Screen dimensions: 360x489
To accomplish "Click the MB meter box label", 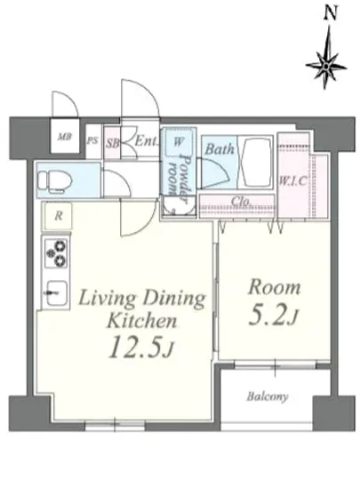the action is pos(65,136).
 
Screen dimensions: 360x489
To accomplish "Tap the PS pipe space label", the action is pos(92,140).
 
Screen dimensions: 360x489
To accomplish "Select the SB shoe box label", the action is pos(112,143).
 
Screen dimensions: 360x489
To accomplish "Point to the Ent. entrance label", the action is pos(146,141).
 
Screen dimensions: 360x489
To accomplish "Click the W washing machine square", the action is pos(178,142).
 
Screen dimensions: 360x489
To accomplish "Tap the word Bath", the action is pos(220,149).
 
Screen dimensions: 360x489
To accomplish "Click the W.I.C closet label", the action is pos(292,181).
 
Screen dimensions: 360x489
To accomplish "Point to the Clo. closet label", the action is pos(241,202).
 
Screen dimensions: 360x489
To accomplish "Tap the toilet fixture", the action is pos(54,180).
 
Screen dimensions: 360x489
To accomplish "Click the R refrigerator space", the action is pos(58,216).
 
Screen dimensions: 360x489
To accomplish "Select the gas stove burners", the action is pos(56,253).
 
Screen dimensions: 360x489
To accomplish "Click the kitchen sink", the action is pos(56,293).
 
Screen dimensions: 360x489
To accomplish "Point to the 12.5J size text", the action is pos(140,347).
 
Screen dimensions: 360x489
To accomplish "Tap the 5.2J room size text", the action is pos(273,317).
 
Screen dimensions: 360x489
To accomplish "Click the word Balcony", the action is pos(268,397).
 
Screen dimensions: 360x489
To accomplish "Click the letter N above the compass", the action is pos(331,13).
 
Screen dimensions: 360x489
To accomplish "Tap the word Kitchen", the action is pos(142,320).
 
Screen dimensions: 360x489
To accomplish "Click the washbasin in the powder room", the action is pos(179,206).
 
